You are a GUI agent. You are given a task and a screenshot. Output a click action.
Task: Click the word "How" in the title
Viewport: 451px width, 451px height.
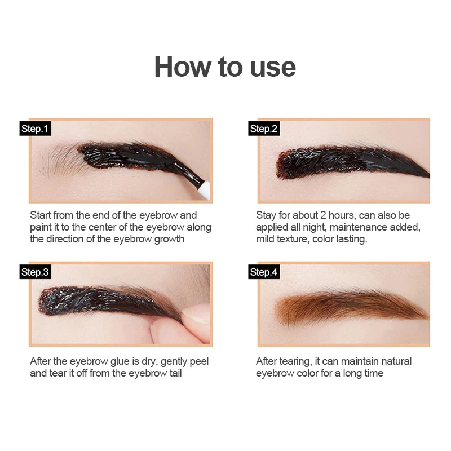pyautogui.click(x=183, y=67)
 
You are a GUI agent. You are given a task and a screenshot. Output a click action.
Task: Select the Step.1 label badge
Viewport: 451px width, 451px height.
pyautogui.click(x=36, y=129)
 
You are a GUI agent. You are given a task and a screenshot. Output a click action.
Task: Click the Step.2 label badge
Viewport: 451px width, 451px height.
pyautogui.click(x=264, y=129)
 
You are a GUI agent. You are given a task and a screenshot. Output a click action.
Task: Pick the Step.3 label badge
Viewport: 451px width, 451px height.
pyautogui.click(x=36, y=272)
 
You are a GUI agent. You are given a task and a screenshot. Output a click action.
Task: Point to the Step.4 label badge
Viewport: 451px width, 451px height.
pyautogui.click(x=264, y=272)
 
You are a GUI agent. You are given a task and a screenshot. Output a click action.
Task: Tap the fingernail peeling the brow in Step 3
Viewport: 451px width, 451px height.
pyautogui.click(x=196, y=316)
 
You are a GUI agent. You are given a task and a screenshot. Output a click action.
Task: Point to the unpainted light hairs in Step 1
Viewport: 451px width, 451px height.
pyautogui.click(x=63, y=161)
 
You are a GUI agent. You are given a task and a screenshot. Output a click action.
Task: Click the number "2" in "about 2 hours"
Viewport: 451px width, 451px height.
pyautogui.click(x=323, y=215)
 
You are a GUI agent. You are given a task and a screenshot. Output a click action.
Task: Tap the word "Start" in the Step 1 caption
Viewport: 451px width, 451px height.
pyautogui.click(x=41, y=215)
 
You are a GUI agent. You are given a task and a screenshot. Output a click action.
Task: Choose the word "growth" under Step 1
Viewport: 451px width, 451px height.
pyautogui.click(x=169, y=239)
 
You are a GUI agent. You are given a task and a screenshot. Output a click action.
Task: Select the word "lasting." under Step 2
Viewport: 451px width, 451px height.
pyautogui.click(x=352, y=239)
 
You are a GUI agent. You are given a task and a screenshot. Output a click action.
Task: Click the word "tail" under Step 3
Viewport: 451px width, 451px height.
pyautogui.click(x=175, y=373)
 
